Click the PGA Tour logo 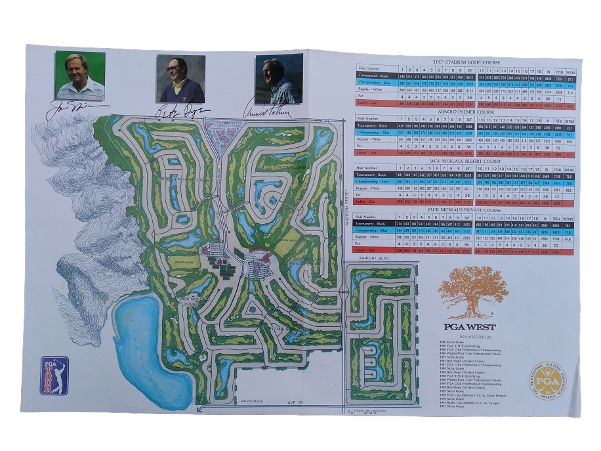pyautogui.click(x=54, y=375)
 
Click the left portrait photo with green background pyautogui.click(x=80, y=75)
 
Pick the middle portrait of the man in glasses pyautogui.click(x=180, y=78)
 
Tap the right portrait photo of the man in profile pyautogui.click(x=279, y=78)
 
